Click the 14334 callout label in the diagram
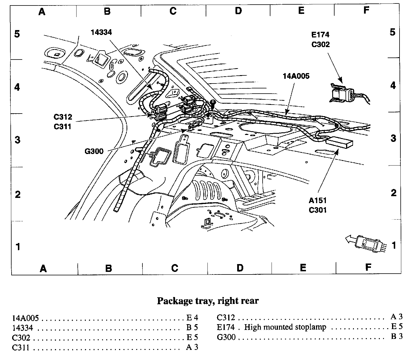tap(101, 32)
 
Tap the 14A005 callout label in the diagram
tap(296, 76)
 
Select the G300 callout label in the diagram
tap(94, 151)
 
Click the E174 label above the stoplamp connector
tap(320, 35)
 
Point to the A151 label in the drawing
tap(318, 201)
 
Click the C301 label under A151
tap(318, 210)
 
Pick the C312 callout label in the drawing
tap(63, 117)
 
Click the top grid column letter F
tap(366, 11)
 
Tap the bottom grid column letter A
tap(43, 269)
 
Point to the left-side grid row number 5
tap(17, 34)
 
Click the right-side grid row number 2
tap(393, 193)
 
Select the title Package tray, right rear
tap(208, 301)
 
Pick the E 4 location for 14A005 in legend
tap(192, 318)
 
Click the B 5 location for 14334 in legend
tap(192, 328)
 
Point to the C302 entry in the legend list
tap(21, 337)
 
